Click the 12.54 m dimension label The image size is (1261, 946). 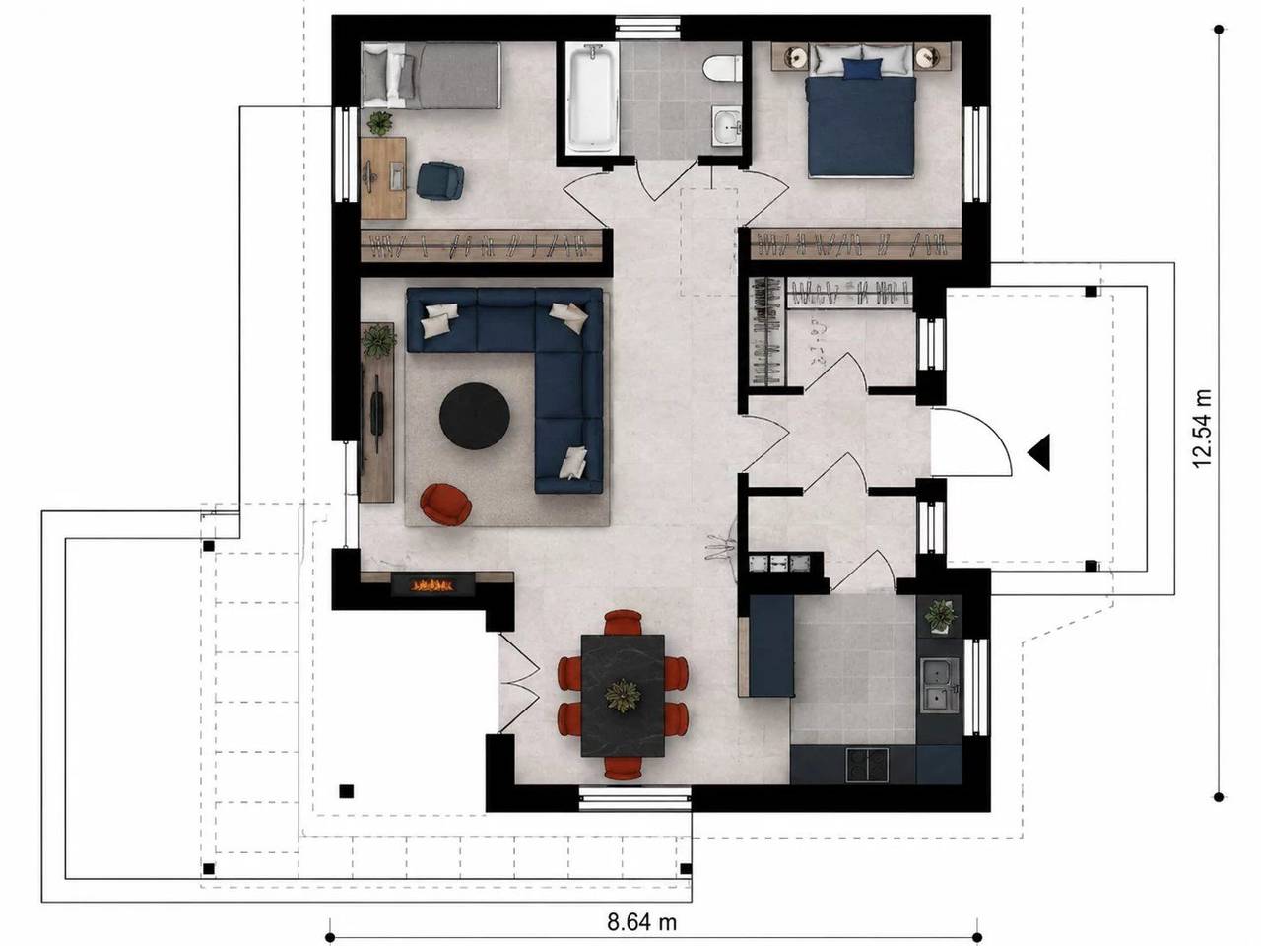coord(1203,429)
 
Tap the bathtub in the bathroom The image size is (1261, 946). coord(591,100)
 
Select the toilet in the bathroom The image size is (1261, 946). coord(722,67)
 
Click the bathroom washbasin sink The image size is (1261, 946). coord(726,126)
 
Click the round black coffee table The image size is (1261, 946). coord(475,416)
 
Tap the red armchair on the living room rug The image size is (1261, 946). coord(446,504)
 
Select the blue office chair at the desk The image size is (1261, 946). coord(439,180)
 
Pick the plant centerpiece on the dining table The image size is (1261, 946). coord(623,696)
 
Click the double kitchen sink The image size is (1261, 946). coord(939,686)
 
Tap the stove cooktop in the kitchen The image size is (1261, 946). coord(867,764)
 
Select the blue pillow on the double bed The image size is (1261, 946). coord(862,68)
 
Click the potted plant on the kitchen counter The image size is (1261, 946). coord(940,616)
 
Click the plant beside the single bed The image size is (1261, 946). coord(379,123)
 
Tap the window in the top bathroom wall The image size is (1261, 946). coord(647,27)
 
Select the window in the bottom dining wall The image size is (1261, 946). coord(634,798)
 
